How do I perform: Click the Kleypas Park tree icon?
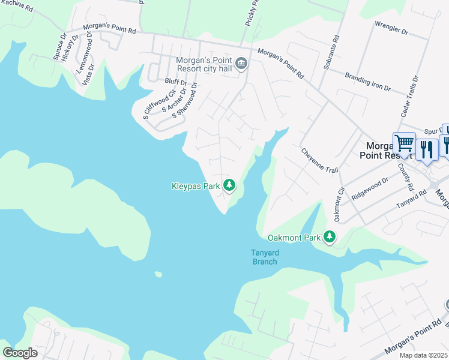229,186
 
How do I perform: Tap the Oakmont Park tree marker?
329,238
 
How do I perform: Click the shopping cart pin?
404,144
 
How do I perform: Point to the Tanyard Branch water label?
265,257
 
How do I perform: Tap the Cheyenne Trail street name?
319,161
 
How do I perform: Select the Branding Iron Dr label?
367,82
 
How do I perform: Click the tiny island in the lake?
158,275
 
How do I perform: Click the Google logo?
20,353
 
